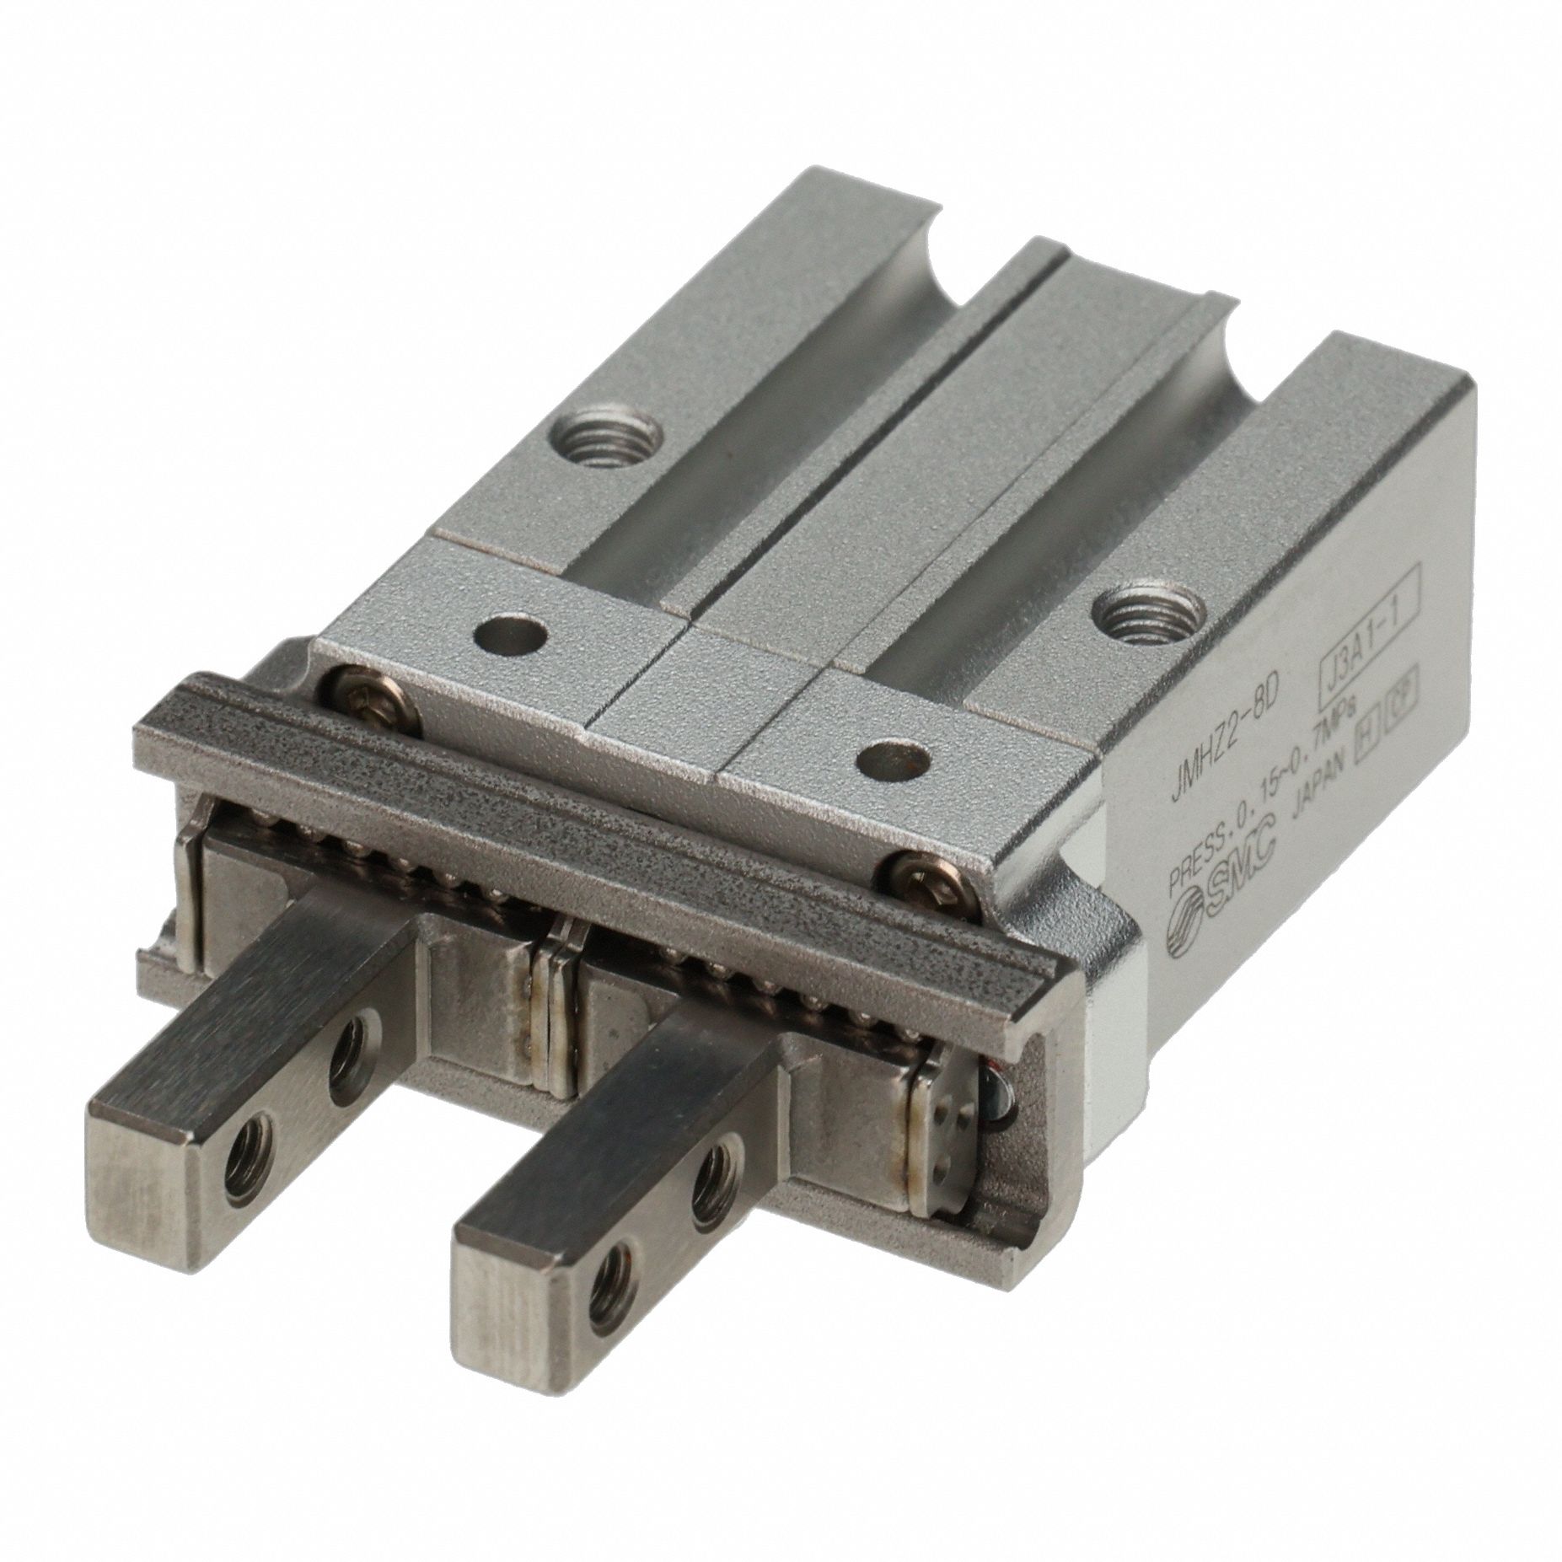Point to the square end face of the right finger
point(519,1346)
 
